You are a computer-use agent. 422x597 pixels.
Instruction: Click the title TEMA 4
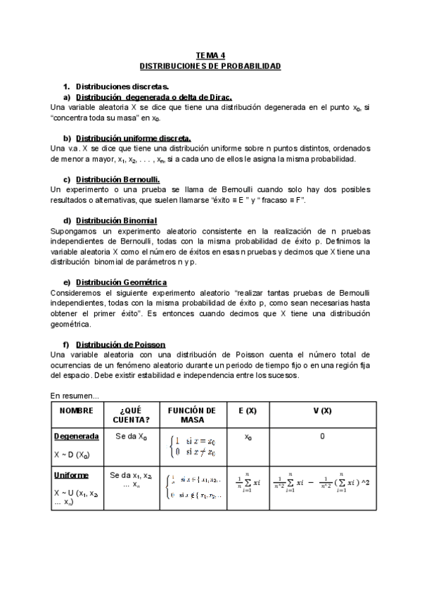click(x=210, y=56)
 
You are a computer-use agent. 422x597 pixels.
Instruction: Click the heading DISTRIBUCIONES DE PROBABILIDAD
click(x=210, y=65)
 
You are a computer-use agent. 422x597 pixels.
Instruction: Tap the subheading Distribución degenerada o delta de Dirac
click(x=153, y=96)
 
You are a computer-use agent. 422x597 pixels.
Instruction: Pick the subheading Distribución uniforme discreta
click(x=133, y=138)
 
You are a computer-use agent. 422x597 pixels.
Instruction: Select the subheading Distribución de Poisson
click(x=120, y=344)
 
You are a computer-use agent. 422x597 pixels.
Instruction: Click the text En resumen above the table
click(x=75, y=396)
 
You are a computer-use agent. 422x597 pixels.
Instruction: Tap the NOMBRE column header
click(x=76, y=410)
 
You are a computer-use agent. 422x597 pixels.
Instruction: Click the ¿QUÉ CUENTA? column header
click(x=131, y=415)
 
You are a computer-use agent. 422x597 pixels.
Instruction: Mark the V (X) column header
click(x=322, y=410)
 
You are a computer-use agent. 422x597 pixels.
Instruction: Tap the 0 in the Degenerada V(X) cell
click(x=322, y=436)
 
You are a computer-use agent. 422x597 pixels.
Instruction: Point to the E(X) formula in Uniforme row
click(x=248, y=482)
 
